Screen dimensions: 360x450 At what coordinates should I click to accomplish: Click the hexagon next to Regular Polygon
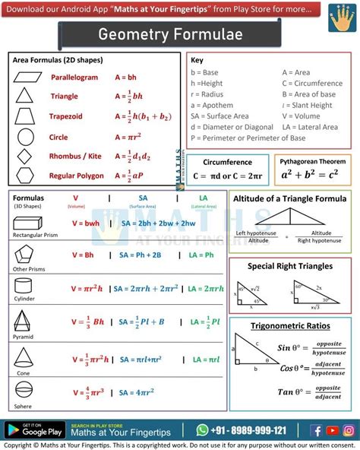25,176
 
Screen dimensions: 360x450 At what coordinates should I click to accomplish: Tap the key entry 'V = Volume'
302,116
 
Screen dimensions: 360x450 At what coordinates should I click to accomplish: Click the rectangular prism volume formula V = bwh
86,223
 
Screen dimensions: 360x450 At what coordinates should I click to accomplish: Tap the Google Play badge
32,430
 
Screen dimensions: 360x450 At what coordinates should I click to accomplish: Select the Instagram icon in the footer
348,430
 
